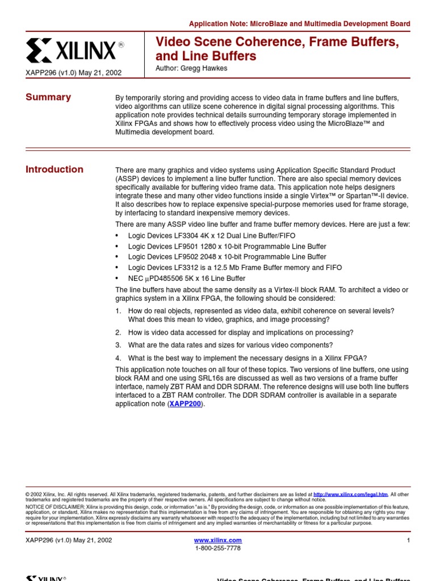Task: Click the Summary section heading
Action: point(48,97)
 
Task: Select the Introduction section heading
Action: point(54,169)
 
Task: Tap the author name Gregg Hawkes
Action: point(192,69)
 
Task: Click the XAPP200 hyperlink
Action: point(185,404)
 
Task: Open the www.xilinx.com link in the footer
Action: point(218,540)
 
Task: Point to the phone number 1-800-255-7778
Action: point(218,548)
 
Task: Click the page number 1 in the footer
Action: point(408,540)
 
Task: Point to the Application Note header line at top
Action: point(299,24)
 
